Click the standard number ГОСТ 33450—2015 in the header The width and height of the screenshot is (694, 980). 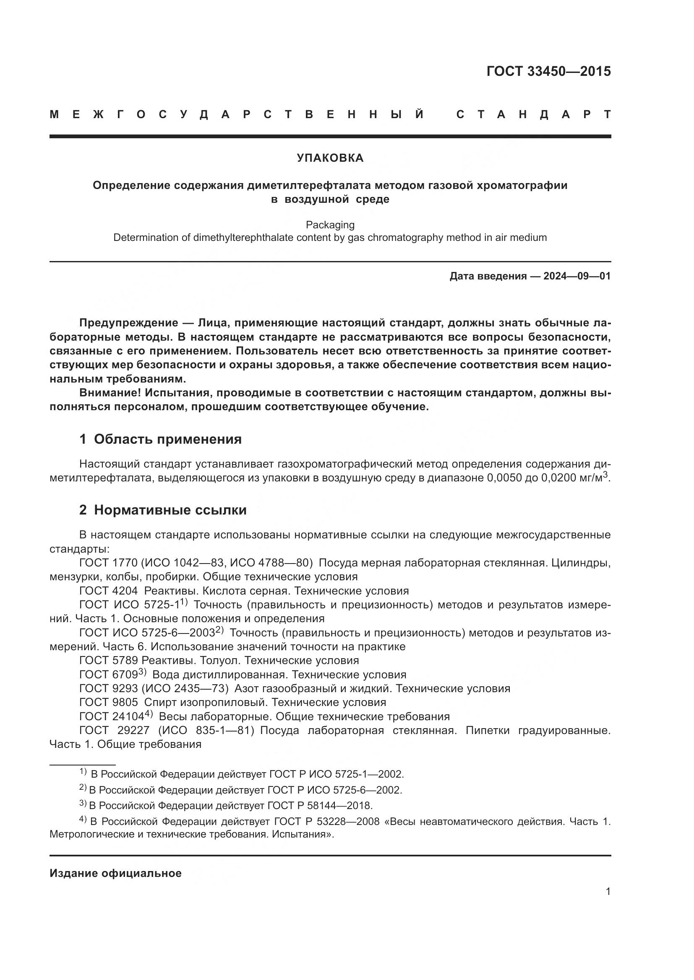(548, 71)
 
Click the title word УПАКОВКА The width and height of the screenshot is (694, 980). (330, 158)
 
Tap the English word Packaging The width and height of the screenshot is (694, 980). (330, 225)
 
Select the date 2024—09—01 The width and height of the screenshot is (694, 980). (577, 276)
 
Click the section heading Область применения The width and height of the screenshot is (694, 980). (167, 439)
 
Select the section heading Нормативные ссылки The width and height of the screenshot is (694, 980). (170, 510)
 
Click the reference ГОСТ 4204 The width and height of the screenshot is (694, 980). (109, 591)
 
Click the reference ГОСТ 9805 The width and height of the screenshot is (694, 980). (109, 702)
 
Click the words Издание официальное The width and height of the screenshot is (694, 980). (115, 873)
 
